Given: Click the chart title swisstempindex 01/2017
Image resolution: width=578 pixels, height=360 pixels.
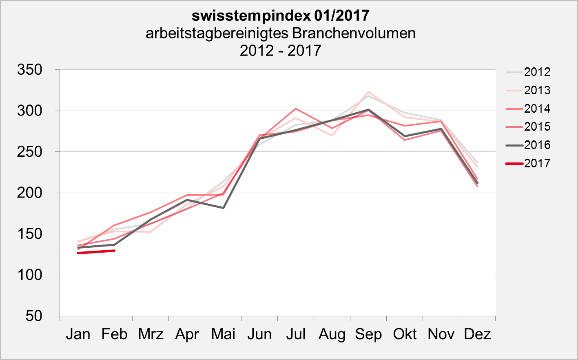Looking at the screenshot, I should (x=280, y=16).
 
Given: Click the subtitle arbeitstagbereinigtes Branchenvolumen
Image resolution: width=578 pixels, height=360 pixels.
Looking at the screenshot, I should (x=280, y=33).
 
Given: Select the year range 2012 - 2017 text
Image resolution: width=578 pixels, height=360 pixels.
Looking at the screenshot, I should (x=280, y=51).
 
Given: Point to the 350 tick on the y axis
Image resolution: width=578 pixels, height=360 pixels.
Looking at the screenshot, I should (x=30, y=70).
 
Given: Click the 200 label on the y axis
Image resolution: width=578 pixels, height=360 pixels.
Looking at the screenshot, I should (x=30, y=193).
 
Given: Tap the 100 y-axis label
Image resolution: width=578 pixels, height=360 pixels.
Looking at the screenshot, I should (x=30, y=275).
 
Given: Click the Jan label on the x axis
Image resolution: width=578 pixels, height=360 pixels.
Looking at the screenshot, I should (x=78, y=334).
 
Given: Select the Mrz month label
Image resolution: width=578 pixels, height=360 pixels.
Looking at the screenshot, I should (x=151, y=334).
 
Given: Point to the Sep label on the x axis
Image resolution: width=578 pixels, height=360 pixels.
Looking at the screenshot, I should (x=368, y=334).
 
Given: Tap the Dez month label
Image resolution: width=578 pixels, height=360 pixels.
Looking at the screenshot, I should (x=477, y=334).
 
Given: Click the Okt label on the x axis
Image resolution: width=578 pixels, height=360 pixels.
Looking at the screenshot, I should (x=405, y=334).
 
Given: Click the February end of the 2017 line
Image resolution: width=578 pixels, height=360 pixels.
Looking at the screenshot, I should (x=114, y=251).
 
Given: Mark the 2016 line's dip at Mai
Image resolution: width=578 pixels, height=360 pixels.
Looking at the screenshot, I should (x=223, y=208).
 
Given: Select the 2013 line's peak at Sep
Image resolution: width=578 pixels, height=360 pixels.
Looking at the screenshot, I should (x=368, y=92).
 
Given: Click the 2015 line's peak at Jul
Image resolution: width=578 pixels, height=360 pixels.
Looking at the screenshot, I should (x=296, y=109).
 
